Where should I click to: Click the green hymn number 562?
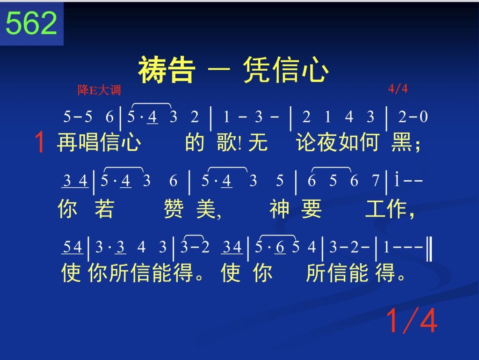[x=31, y=23]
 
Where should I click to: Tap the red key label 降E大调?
[x=99, y=90]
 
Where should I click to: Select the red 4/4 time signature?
[x=398, y=88]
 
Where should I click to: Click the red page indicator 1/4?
[x=412, y=320]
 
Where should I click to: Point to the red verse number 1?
[x=40, y=142]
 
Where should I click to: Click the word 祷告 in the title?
[x=167, y=70]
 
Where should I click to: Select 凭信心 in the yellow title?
[x=286, y=70]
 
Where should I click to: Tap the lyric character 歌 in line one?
[x=226, y=142]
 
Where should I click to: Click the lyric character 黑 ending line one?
[x=401, y=142]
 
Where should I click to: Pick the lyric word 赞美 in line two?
[x=189, y=209]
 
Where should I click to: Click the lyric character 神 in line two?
[x=279, y=209]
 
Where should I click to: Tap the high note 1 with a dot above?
[x=397, y=180]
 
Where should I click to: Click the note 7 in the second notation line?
[x=376, y=181]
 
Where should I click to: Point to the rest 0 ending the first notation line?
[x=423, y=117]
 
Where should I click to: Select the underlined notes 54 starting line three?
[x=72, y=247]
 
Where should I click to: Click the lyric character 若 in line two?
[x=104, y=209]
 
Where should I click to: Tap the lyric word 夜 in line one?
[x=327, y=142]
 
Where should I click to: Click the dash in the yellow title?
[x=219, y=69]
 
